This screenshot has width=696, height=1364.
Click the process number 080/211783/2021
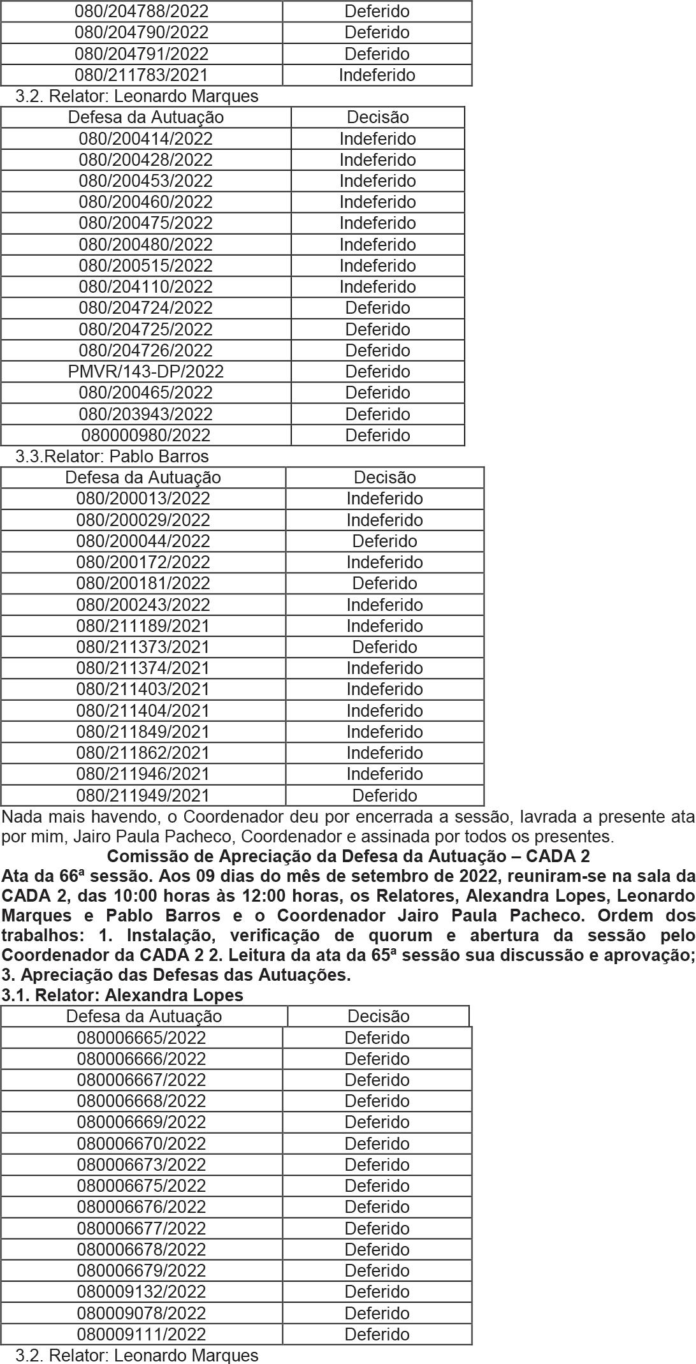[x=141, y=75]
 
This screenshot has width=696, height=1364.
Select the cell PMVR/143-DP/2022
[x=146, y=372]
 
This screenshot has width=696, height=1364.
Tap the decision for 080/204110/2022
[x=377, y=287]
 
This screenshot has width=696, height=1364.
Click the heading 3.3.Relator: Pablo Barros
[x=112, y=457]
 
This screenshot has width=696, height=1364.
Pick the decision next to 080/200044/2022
[x=384, y=541]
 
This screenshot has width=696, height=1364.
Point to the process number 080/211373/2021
[x=143, y=647]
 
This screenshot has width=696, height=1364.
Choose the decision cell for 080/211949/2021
[x=384, y=796]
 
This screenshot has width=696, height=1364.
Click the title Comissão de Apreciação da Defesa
[x=348, y=856]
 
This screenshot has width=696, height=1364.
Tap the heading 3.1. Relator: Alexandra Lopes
[x=122, y=995]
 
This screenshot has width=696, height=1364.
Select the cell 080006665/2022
[x=141, y=1038]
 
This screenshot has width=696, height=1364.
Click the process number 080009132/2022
[x=141, y=1292]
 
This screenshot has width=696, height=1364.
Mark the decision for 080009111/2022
[x=377, y=1335]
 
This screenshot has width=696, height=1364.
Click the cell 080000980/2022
[x=146, y=436]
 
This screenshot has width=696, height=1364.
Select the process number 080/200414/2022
[x=146, y=139]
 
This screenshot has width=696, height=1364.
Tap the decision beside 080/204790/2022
[x=377, y=33]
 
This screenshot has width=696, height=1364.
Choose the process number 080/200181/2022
[x=143, y=583]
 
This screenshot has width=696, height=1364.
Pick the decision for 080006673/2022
[x=377, y=1165]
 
